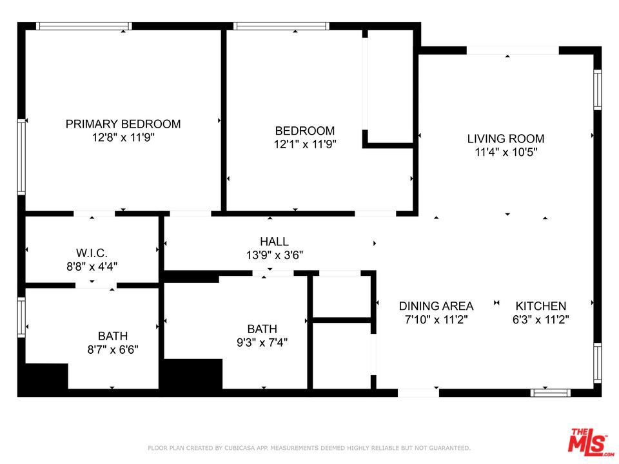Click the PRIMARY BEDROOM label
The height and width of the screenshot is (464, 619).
coord(123,124)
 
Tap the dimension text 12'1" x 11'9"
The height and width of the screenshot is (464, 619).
coord(304,144)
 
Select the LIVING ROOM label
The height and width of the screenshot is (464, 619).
coord(506,139)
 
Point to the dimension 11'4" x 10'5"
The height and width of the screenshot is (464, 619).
coord(506,153)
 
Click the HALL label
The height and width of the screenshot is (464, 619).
coord(274,242)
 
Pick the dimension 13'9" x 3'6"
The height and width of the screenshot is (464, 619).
coord(274,255)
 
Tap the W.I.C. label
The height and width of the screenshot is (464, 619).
coord(92,253)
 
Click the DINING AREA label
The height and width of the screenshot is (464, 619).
coord(436,306)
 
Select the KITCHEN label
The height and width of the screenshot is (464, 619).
coord(540,306)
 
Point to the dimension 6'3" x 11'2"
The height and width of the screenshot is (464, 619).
coord(540,320)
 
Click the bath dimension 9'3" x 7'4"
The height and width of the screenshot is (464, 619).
coord(262,343)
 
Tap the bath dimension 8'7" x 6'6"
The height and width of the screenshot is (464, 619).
coord(113,350)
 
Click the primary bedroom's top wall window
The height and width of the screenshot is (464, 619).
coord(84,26)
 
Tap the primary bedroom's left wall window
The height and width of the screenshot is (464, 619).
coord(21,157)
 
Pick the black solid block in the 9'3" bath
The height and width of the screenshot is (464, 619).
coord(193,374)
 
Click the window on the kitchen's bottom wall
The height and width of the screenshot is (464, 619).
coord(550,392)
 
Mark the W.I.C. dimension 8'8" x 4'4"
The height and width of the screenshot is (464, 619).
coord(92,266)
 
